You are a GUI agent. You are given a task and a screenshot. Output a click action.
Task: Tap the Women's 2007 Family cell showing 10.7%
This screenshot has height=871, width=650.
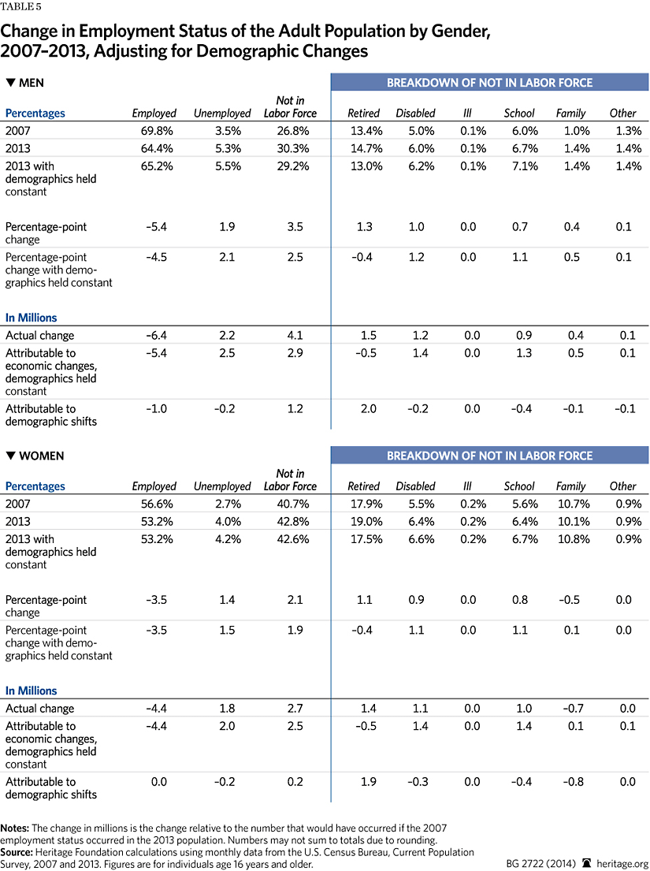[x=570, y=504]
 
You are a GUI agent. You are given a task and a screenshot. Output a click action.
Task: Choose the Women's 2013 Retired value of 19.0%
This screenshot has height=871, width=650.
[x=363, y=522]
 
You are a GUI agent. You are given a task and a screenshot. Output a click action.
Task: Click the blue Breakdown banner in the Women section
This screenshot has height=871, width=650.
[x=489, y=456]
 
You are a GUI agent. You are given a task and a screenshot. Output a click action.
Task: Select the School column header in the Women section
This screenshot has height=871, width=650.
[x=519, y=486]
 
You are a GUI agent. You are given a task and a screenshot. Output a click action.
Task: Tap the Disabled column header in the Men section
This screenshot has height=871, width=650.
[x=415, y=114]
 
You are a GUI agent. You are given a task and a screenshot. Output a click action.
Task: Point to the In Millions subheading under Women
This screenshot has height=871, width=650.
[x=32, y=690]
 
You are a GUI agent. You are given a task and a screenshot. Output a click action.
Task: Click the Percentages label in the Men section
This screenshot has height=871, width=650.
[x=35, y=114]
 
